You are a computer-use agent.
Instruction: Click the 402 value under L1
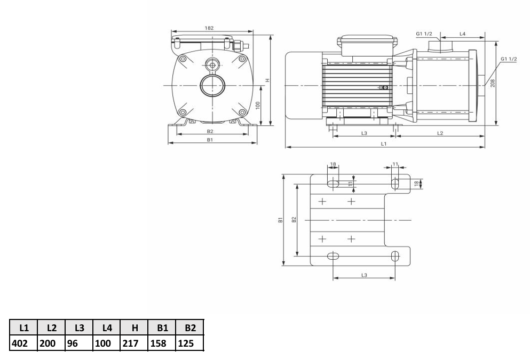tap(20, 343)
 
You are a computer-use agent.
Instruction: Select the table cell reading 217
tap(130, 343)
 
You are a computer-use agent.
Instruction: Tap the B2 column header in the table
tap(191, 327)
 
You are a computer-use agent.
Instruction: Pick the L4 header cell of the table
tap(107, 327)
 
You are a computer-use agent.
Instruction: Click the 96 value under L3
tap(73, 343)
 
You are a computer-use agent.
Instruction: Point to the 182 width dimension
tap(209, 28)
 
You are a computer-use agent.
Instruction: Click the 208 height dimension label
tap(493, 83)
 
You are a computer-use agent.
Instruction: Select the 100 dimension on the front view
tap(258, 106)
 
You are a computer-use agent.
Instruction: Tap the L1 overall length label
tap(384, 144)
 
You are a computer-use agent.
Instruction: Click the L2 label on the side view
tap(440, 133)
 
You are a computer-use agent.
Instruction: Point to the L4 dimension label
tap(462, 34)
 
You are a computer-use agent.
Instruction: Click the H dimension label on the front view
tap(267, 81)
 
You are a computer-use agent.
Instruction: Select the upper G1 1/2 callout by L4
tap(424, 34)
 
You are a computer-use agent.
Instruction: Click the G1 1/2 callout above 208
tap(509, 59)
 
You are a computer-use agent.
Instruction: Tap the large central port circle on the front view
tap(212, 85)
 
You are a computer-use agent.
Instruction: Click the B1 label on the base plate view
tap(280, 220)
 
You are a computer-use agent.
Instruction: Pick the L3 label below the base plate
tap(364, 275)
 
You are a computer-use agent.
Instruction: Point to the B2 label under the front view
tap(210, 131)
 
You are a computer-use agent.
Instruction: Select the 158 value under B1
tap(158, 343)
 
